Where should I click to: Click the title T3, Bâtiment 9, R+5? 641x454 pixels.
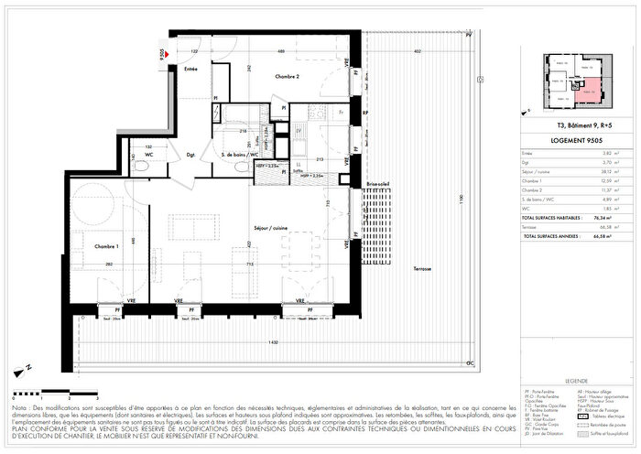pyautogui.click(x=576, y=124)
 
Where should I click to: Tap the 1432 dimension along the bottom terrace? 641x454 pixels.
pyautogui.click(x=273, y=341)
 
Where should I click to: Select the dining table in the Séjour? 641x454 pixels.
pyautogui.click(x=299, y=244)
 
